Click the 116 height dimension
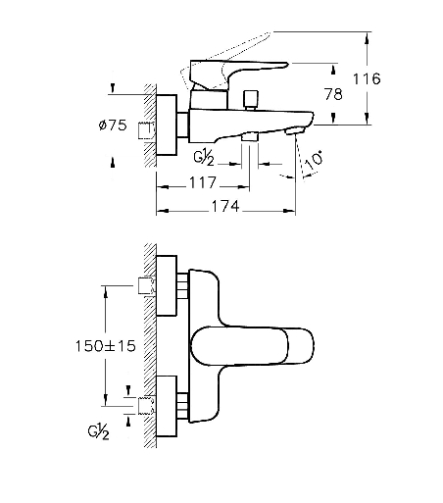point(367,78)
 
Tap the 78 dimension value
point(333,94)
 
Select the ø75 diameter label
point(113,125)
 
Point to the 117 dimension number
point(203,182)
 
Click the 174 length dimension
point(225,206)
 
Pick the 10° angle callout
point(315,161)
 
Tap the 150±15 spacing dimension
point(105,346)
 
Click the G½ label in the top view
point(204,159)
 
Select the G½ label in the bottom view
point(98,432)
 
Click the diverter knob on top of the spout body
point(251,100)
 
